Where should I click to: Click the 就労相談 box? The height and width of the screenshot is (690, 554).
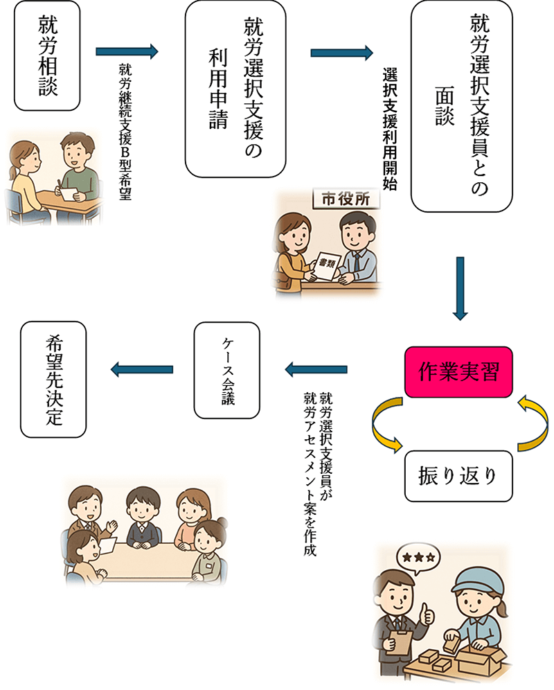pos(47,57)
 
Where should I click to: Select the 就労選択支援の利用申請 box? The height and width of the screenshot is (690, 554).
pos(236,89)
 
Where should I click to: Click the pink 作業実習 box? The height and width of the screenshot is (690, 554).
pos(458,372)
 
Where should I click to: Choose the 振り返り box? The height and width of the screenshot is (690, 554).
pos(458,476)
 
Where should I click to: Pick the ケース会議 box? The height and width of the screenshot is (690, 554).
pos(227,369)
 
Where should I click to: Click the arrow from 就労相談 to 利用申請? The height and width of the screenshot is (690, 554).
pos(127,52)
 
